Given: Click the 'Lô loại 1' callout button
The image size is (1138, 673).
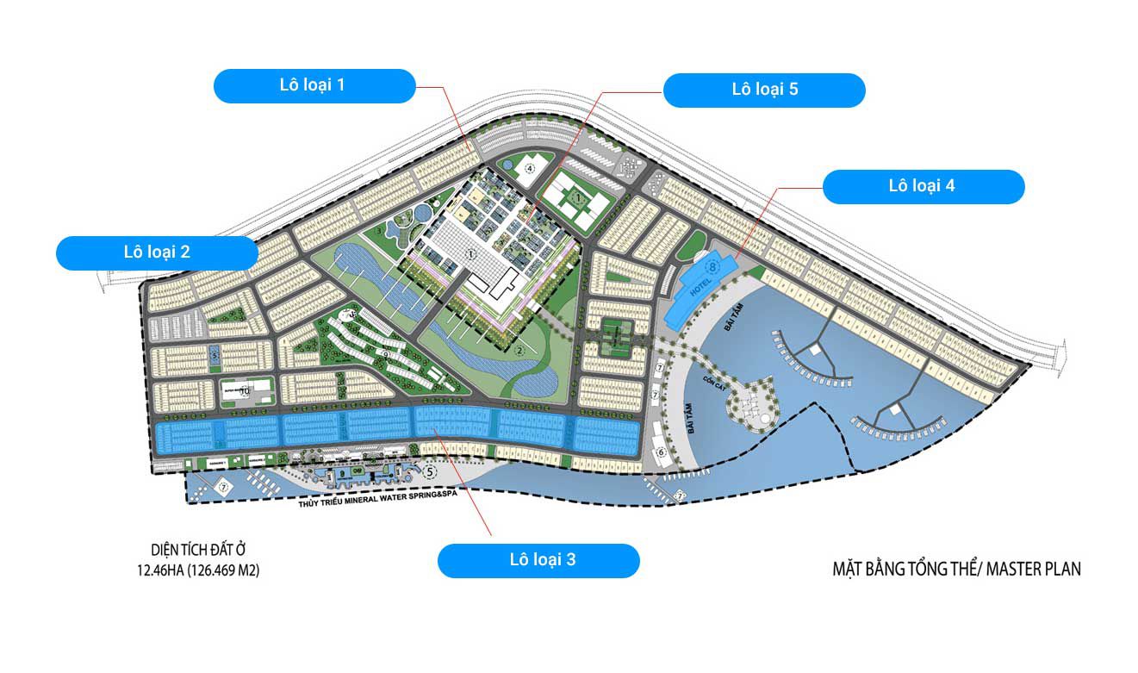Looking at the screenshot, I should point(315,85).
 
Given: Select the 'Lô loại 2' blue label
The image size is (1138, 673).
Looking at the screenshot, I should point(157,252).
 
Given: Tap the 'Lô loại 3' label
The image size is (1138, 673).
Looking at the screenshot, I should point(538,560).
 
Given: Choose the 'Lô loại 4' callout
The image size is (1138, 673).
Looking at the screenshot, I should point(923,186).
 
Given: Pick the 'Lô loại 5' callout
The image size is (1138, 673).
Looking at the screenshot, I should point(763,90).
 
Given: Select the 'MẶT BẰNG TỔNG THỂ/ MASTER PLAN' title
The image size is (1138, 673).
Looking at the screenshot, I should point(956,569).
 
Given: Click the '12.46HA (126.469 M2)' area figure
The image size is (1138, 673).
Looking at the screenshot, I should point(197,570).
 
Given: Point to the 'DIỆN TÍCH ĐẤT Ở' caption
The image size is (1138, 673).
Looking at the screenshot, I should point(197,550).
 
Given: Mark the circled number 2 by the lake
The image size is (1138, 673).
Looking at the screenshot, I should point(519,350).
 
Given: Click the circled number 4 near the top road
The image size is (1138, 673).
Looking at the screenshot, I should point(531,168).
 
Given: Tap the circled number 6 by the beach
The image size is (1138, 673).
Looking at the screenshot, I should point(662,452).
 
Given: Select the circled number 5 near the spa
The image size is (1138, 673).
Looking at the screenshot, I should point(431,471).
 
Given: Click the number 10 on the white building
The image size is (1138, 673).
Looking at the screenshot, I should point(245,390).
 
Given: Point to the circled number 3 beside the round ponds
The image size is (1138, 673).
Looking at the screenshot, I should point(379,230).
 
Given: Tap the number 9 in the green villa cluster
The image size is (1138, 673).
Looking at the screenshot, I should point(387,352).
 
